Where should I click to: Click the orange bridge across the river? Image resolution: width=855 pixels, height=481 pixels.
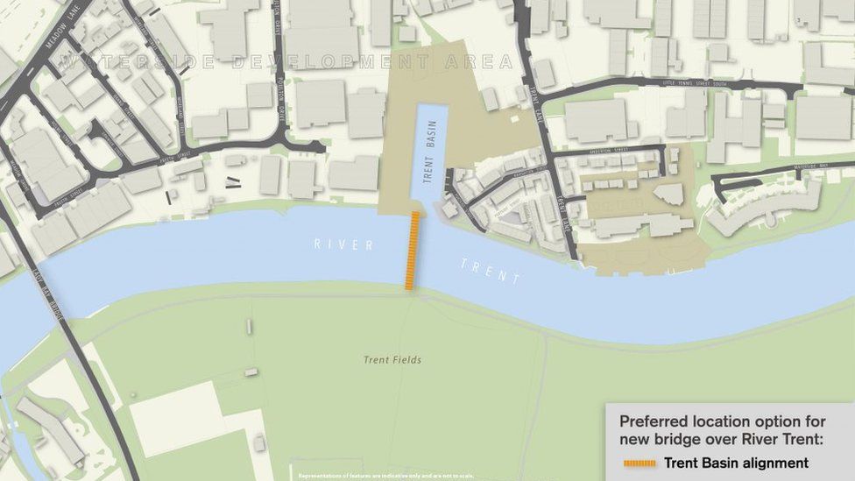(x=412, y=251)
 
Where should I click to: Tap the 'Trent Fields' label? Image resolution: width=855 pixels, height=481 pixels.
(x=392, y=360)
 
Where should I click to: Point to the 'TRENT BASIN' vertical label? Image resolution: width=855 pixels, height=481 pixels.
(x=428, y=151)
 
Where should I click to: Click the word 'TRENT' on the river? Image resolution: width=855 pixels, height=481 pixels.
(x=491, y=271)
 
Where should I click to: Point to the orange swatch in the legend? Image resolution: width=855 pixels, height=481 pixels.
(x=639, y=463)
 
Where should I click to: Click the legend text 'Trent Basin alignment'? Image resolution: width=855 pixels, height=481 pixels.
(x=736, y=463)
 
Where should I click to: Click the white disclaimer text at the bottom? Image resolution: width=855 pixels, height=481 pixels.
(x=385, y=476)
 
